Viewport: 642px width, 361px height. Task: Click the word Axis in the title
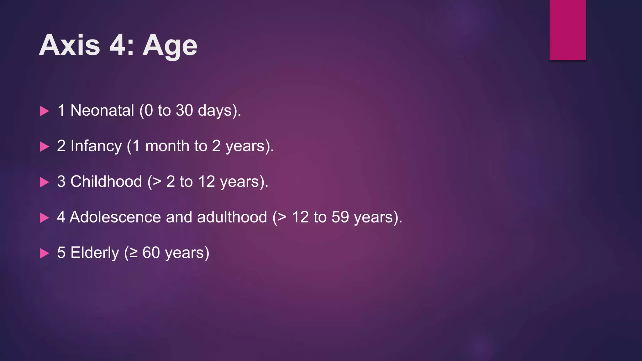(70, 45)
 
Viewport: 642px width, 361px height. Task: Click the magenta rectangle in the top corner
(567, 30)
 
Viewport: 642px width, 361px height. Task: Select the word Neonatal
(102, 111)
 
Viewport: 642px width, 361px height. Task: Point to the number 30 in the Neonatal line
(184, 111)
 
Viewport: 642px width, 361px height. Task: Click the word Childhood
(106, 182)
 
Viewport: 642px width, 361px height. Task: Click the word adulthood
(232, 217)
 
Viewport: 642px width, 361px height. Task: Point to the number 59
(340, 217)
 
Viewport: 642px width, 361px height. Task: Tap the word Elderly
(95, 253)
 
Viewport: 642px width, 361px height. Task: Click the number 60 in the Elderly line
(151, 253)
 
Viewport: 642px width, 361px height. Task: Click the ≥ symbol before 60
(134, 253)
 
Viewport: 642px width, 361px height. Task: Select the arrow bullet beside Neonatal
(45, 111)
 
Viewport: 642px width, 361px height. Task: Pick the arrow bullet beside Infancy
(45, 147)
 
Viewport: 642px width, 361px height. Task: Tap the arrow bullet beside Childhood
(45, 182)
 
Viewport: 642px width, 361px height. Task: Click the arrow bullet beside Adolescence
(45, 217)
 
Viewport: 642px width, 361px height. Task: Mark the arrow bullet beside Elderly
(45, 253)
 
